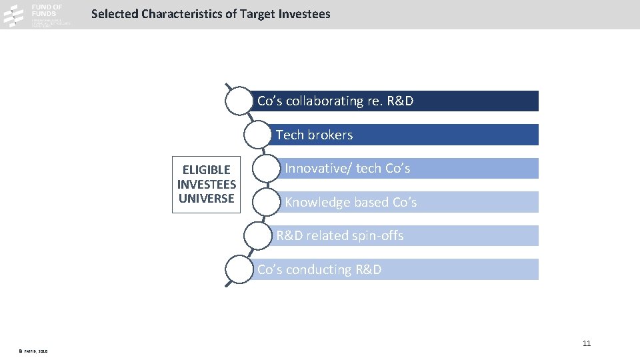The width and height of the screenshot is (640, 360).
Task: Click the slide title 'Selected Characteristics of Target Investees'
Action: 210,13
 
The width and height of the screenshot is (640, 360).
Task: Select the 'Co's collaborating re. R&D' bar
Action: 393,101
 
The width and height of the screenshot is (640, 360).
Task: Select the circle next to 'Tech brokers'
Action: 257,135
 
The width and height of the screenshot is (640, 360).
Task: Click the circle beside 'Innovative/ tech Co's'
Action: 266,169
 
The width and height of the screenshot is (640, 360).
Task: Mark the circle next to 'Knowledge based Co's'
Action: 266,202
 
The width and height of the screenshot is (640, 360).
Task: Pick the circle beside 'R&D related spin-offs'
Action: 257,236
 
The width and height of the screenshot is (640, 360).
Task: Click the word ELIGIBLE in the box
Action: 207,170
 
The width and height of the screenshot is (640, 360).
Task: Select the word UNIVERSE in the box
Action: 207,199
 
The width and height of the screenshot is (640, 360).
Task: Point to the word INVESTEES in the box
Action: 207,184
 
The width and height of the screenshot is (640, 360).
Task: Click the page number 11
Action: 587,343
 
